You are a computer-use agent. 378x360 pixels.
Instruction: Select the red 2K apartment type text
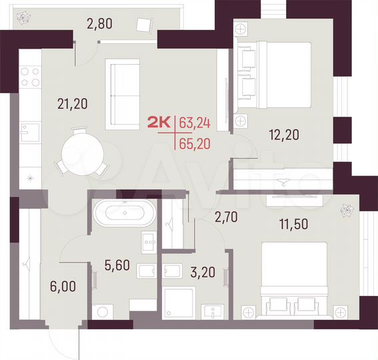pyautogui.click(x=159, y=121)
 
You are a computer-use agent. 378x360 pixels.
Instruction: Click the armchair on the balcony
pyautogui.click(x=143, y=25)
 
